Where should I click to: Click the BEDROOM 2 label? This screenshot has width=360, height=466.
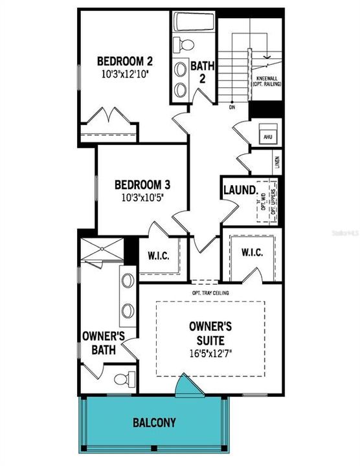coord(125,61)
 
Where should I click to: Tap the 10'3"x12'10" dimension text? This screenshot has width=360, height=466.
coord(125,74)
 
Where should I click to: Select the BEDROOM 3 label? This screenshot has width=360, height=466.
coord(142,184)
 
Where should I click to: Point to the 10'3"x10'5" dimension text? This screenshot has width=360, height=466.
coord(142,196)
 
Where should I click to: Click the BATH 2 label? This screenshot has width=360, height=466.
coord(198,72)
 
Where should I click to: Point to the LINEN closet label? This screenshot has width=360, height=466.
coord(276,161)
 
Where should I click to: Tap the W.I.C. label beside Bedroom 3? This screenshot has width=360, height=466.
coord(158,256)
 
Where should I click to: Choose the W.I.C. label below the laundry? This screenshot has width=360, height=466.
coord(252,252)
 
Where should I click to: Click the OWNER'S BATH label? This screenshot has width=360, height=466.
coord(104,343)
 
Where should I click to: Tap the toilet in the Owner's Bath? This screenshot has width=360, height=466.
coord(123,378)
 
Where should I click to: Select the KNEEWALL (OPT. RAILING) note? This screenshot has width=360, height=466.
coord(265,82)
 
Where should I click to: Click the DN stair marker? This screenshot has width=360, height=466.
coord(232,107)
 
